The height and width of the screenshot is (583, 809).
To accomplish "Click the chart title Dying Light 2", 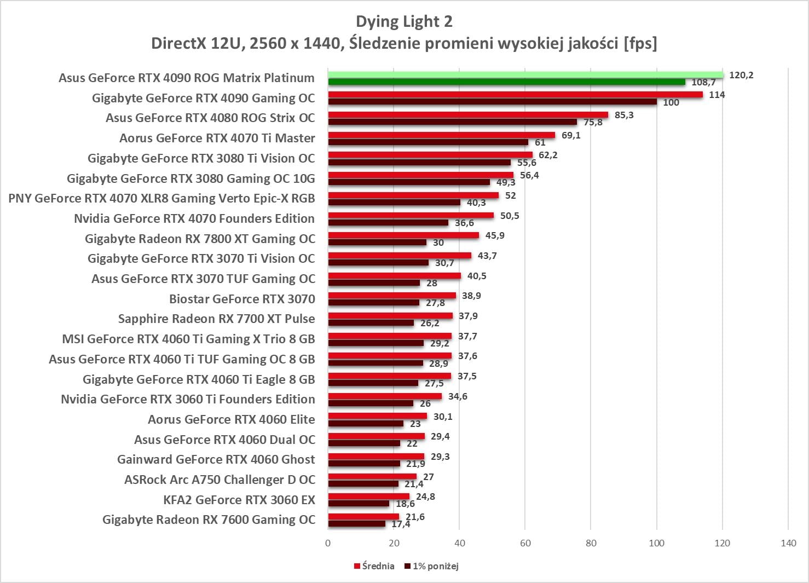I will (x=404, y=21).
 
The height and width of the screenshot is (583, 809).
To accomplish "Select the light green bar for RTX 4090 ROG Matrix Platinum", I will (x=525, y=74).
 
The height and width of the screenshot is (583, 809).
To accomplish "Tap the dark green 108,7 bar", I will (x=506, y=82).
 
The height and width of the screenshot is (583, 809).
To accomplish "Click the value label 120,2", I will (x=741, y=75).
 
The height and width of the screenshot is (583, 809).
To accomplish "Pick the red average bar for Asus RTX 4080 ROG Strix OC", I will (x=468, y=115).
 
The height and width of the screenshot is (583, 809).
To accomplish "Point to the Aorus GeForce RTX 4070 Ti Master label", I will (x=217, y=138).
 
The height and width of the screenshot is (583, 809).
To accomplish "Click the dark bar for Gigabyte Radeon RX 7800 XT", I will (x=377, y=243).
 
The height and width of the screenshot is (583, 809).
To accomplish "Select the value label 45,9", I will (x=495, y=235).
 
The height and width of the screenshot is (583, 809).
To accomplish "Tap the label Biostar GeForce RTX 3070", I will (x=242, y=299).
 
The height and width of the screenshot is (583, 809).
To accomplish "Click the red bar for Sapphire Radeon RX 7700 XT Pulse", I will (x=390, y=316).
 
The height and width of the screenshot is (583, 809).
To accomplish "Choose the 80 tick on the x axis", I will (x=591, y=543).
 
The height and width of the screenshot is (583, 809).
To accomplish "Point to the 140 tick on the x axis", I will (x=788, y=543).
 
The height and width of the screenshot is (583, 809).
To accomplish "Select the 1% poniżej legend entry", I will (x=432, y=566).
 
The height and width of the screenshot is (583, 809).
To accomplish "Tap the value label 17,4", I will (x=401, y=524).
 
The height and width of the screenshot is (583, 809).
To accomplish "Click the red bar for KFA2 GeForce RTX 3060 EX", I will (x=368, y=497).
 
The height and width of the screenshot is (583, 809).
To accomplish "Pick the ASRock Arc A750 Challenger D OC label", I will (x=219, y=480).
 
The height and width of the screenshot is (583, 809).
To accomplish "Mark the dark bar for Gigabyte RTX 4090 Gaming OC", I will (x=493, y=102).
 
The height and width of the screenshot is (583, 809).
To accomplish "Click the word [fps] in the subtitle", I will (x=640, y=43).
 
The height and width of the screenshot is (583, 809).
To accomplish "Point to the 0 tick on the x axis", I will (x=328, y=543).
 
